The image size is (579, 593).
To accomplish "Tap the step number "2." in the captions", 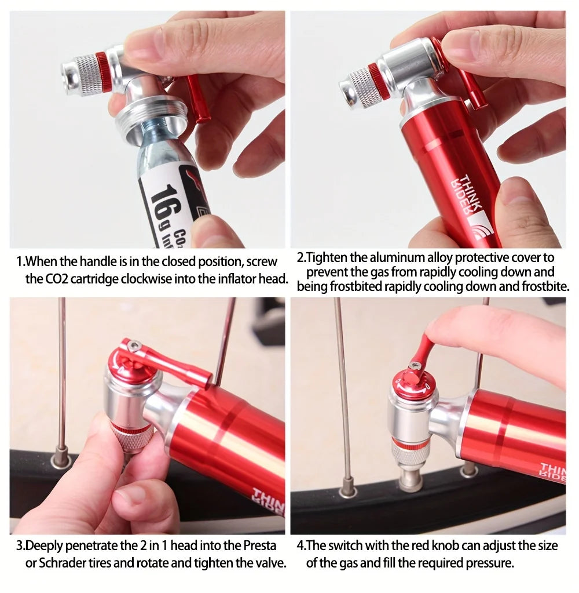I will pyautogui.click(x=301, y=257).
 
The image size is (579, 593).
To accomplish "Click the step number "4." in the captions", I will pyautogui.click(x=301, y=545).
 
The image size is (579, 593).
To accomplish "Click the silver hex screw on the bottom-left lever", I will pyautogui.click(x=134, y=347).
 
